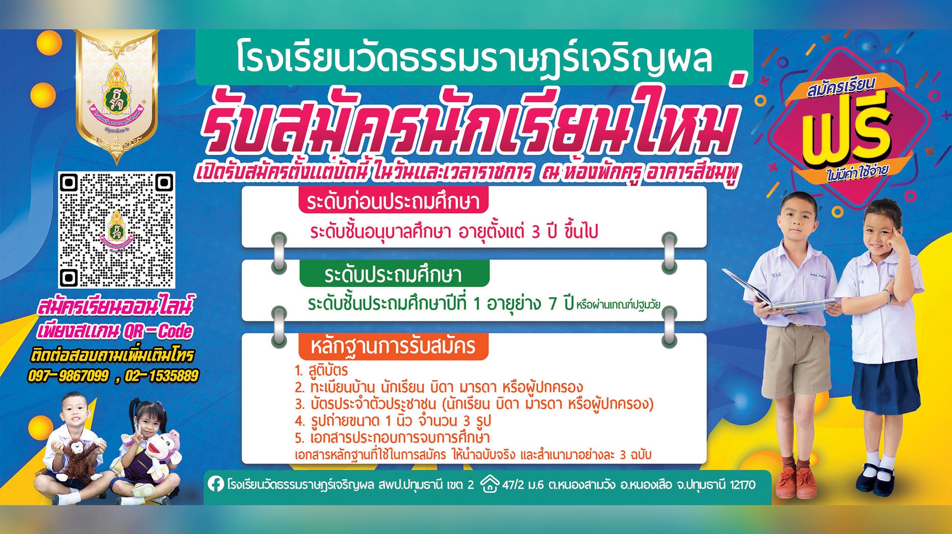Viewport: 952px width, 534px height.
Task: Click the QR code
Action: click(x=117, y=230)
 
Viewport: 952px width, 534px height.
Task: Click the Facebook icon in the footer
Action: click(x=215, y=485)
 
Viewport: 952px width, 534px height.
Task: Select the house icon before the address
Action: click(x=489, y=484)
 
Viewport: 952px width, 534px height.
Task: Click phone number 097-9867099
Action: click(x=69, y=376)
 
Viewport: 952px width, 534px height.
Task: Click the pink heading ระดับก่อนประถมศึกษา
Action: click(x=393, y=202)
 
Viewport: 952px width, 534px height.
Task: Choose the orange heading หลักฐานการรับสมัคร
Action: click(x=393, y=347)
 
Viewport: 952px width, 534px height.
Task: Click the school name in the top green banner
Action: click(x=474, y=59)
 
